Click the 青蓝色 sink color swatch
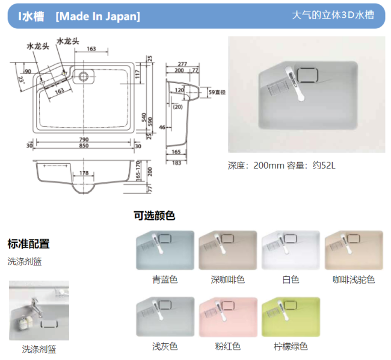[165, 250]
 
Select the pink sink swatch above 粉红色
[228, 317]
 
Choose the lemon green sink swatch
[291, 317]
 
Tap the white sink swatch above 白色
[291, 250]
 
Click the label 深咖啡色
[228, 280]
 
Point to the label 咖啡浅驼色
[354, 280]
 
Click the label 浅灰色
[165, 346]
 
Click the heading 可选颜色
[155, 216]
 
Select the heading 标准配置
[28, 244]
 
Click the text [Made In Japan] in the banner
[97, 16]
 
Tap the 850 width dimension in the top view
[84, 146]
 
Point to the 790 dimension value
[84, 140]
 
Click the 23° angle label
[22, 80]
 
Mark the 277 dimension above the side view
[182, 64]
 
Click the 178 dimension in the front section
[84, 173]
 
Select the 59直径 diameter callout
[217, 92]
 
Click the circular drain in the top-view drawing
[83, 76]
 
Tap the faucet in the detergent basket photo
[37, 306]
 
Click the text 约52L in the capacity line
[324, 166]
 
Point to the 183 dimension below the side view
[176, 163]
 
